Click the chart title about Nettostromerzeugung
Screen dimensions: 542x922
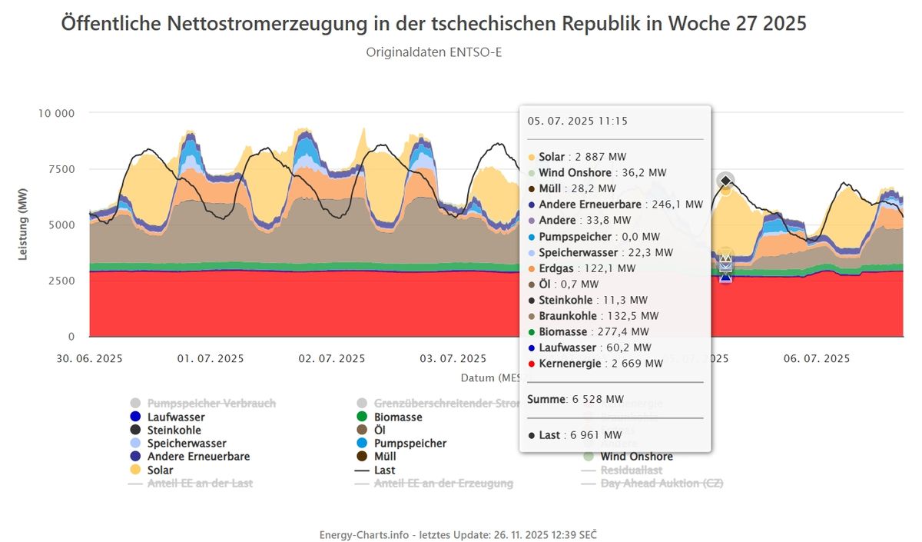click(x=433, y=24)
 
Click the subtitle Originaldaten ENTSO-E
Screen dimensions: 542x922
click(x=433, y=52)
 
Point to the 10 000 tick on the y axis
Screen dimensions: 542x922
click(x=56, y=113)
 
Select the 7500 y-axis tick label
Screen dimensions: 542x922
click(x=59, y=169)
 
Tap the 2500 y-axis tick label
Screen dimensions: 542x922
click(x=59, y=281)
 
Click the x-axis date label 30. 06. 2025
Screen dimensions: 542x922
click(x=89, y=358)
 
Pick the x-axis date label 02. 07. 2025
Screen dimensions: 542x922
click(x=331, y=358)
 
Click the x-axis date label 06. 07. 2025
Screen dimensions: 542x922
click(x=816, y=358)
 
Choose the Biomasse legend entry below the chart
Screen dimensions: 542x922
click(x=397, y=417)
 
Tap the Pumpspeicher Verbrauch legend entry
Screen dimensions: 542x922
click(x=211, y=403)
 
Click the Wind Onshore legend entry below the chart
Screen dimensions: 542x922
click(x=636, y=457)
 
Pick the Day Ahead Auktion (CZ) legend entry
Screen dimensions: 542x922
click(x=662, y=484)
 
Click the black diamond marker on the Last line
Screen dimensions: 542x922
click(x=726, y=181)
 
